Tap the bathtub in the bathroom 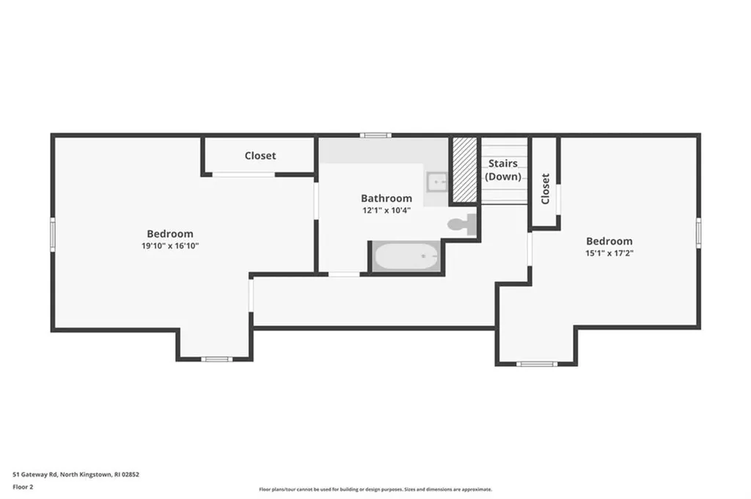406,257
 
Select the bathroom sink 437,180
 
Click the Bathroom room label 386,198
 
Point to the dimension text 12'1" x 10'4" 386,210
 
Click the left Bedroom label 170,234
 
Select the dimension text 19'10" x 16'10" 170,246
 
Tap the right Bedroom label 609,241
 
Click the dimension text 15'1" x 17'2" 609,254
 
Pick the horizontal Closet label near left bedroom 260,155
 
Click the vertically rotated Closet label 545,189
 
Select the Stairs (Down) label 503,170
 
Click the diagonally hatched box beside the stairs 464,170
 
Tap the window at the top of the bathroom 375,136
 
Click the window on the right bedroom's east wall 698,233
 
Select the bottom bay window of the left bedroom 216,359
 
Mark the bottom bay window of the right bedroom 536,363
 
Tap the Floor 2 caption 23,487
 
